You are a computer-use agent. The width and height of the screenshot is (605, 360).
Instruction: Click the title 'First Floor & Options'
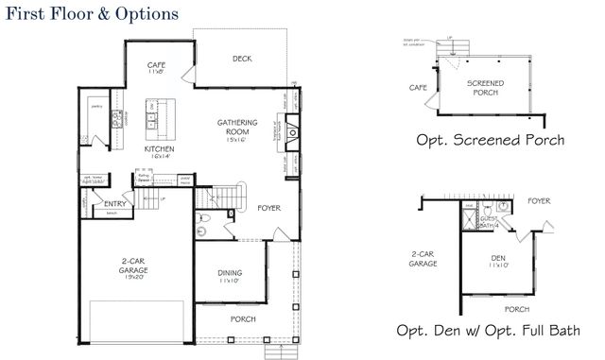pos(91,15)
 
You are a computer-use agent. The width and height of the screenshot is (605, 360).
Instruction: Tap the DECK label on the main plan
pos(241,59)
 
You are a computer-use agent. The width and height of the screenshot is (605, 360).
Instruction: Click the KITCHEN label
pos(156,149)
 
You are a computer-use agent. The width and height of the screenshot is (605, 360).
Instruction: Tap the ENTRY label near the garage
pos(116,203)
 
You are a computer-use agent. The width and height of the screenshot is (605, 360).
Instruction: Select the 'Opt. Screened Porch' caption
pos(491,140)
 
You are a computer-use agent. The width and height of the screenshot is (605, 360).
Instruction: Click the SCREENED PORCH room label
pos(486,88)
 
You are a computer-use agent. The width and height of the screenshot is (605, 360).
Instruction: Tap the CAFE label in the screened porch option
pos(419,87)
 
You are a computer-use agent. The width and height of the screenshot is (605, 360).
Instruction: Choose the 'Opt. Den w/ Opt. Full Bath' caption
pos(490,330)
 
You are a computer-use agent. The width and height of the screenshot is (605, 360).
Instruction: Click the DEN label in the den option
pos(498,258)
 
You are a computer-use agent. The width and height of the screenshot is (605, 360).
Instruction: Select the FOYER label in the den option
pos(539,200)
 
